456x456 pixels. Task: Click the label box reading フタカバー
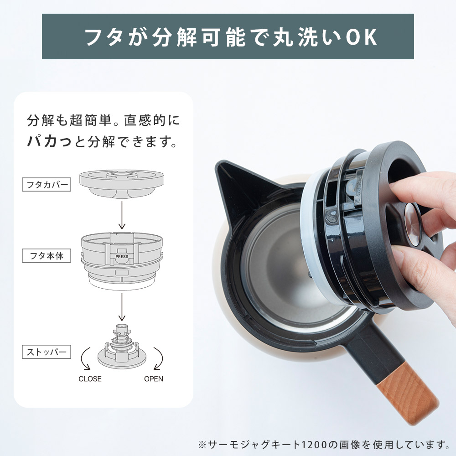point(47,184)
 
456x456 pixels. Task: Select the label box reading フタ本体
point(47,256)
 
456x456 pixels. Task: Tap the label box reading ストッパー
point(47,352)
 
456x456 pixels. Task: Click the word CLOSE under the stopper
point(90,378)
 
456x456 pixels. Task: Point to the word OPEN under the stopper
point(154,378)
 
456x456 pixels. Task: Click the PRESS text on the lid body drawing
point(122,256)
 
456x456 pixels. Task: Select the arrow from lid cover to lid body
point(122,215)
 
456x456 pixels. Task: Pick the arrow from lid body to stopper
point(122,307)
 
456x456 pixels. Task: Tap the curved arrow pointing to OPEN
point(160,358)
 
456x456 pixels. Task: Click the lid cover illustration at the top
point(122,184)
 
